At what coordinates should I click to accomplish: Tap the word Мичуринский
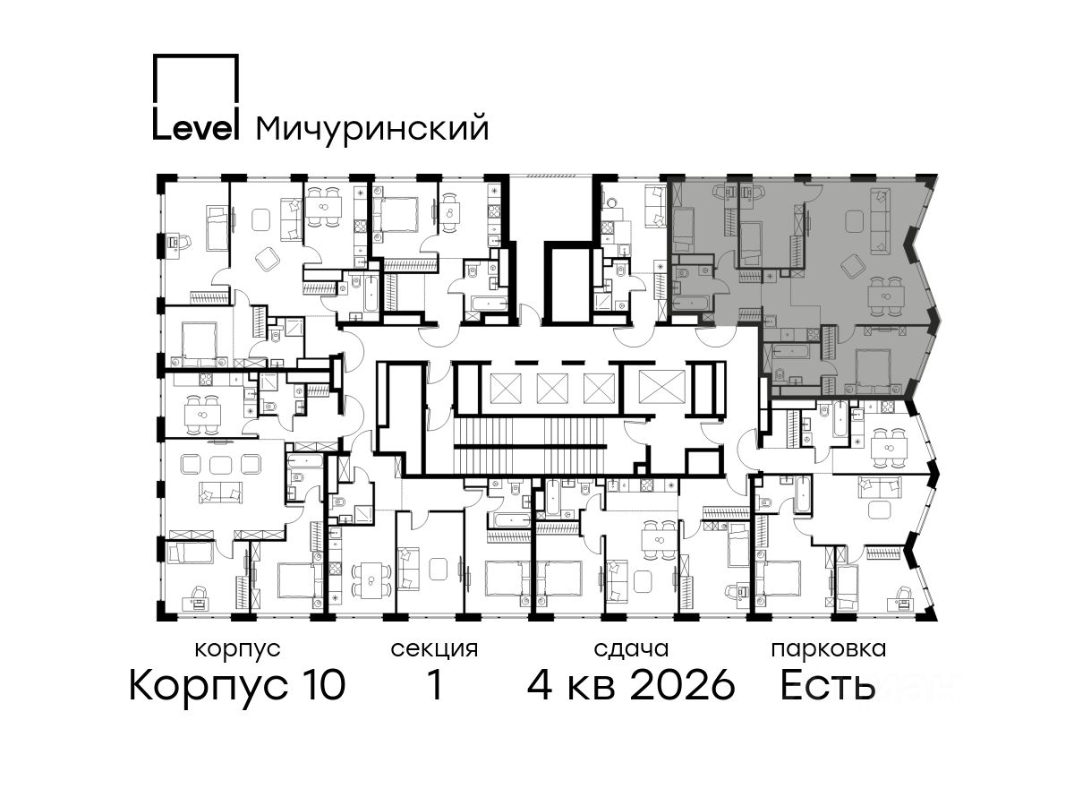[372, 129]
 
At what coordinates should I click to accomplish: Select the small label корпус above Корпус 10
[237, 650]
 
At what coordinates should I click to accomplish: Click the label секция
[433, 650]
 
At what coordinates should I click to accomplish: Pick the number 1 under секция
[435, 685]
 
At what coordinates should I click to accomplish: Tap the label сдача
[631, 650]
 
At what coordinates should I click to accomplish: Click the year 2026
[682, 685]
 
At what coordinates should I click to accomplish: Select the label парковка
[829, 650]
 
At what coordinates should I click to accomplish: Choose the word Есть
[827, 685]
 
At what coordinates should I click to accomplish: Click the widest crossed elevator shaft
[661, 388]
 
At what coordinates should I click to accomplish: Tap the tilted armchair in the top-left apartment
[268, 259]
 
